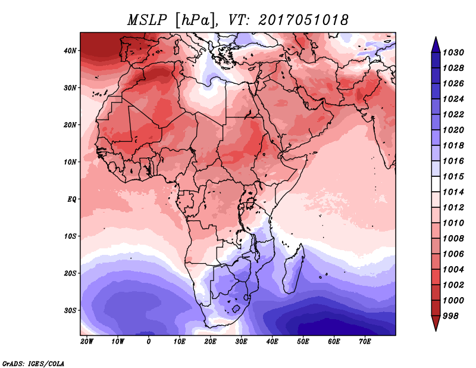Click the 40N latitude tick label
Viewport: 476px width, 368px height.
point(70,51)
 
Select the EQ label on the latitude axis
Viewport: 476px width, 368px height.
point(71,199)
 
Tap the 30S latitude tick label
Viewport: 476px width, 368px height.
point(70,310)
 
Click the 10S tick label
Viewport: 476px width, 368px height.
point(70,236)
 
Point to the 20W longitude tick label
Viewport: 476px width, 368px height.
point(87,342)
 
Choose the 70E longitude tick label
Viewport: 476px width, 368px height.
point(365,342)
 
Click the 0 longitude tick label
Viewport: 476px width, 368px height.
point(149,342)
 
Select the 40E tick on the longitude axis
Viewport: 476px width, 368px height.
point(273,342)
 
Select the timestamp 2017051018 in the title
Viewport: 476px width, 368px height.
point(303,20)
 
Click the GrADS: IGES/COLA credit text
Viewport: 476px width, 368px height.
point(33,363)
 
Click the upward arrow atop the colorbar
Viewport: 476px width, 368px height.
point(436,43)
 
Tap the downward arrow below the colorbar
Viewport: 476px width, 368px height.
point(436,323)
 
